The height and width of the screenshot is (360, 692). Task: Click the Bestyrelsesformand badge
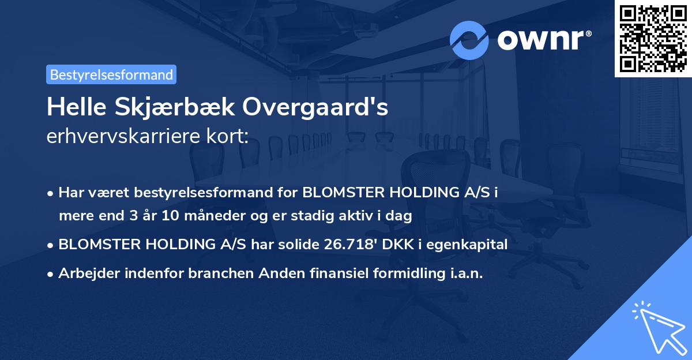(x=111, y=74)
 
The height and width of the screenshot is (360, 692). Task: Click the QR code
(x=653, y=38)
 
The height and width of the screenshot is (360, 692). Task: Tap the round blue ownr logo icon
(x=469, y=40)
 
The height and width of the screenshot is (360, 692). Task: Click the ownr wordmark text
(x=544, y=40)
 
